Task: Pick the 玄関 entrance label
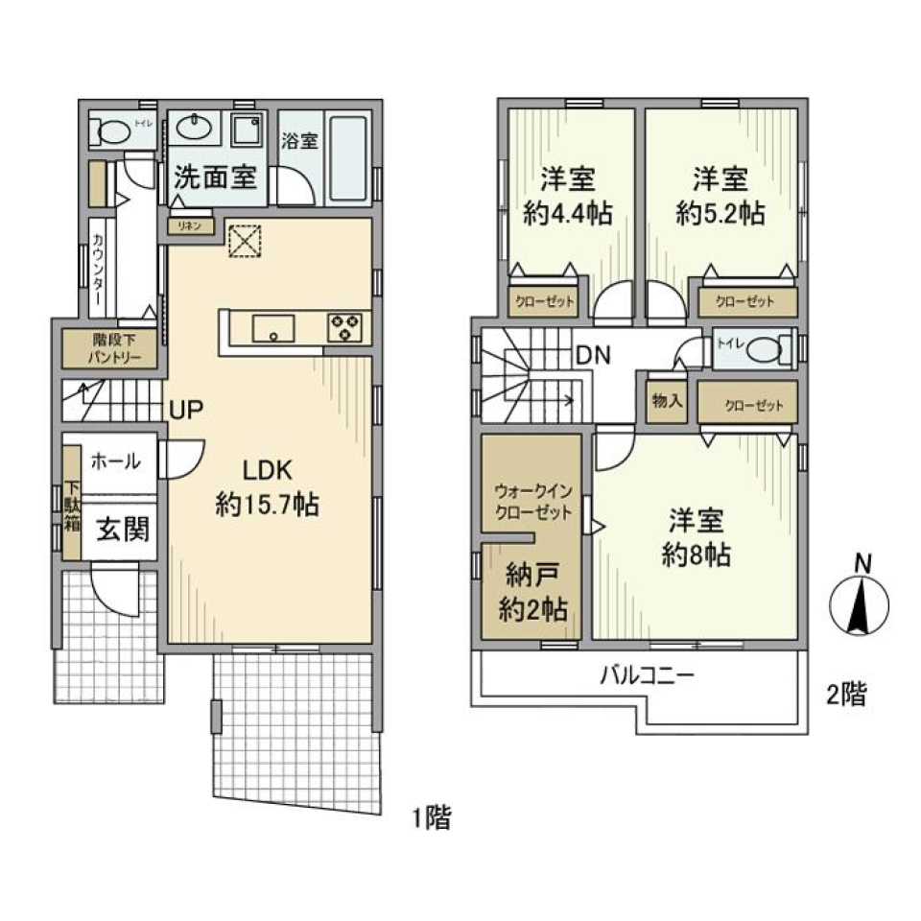(120, 529)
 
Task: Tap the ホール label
(116, 461)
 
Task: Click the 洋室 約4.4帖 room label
(568, 196)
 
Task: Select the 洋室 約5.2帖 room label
(720, 196)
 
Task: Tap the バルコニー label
(647, 675)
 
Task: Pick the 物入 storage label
(667, 402)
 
